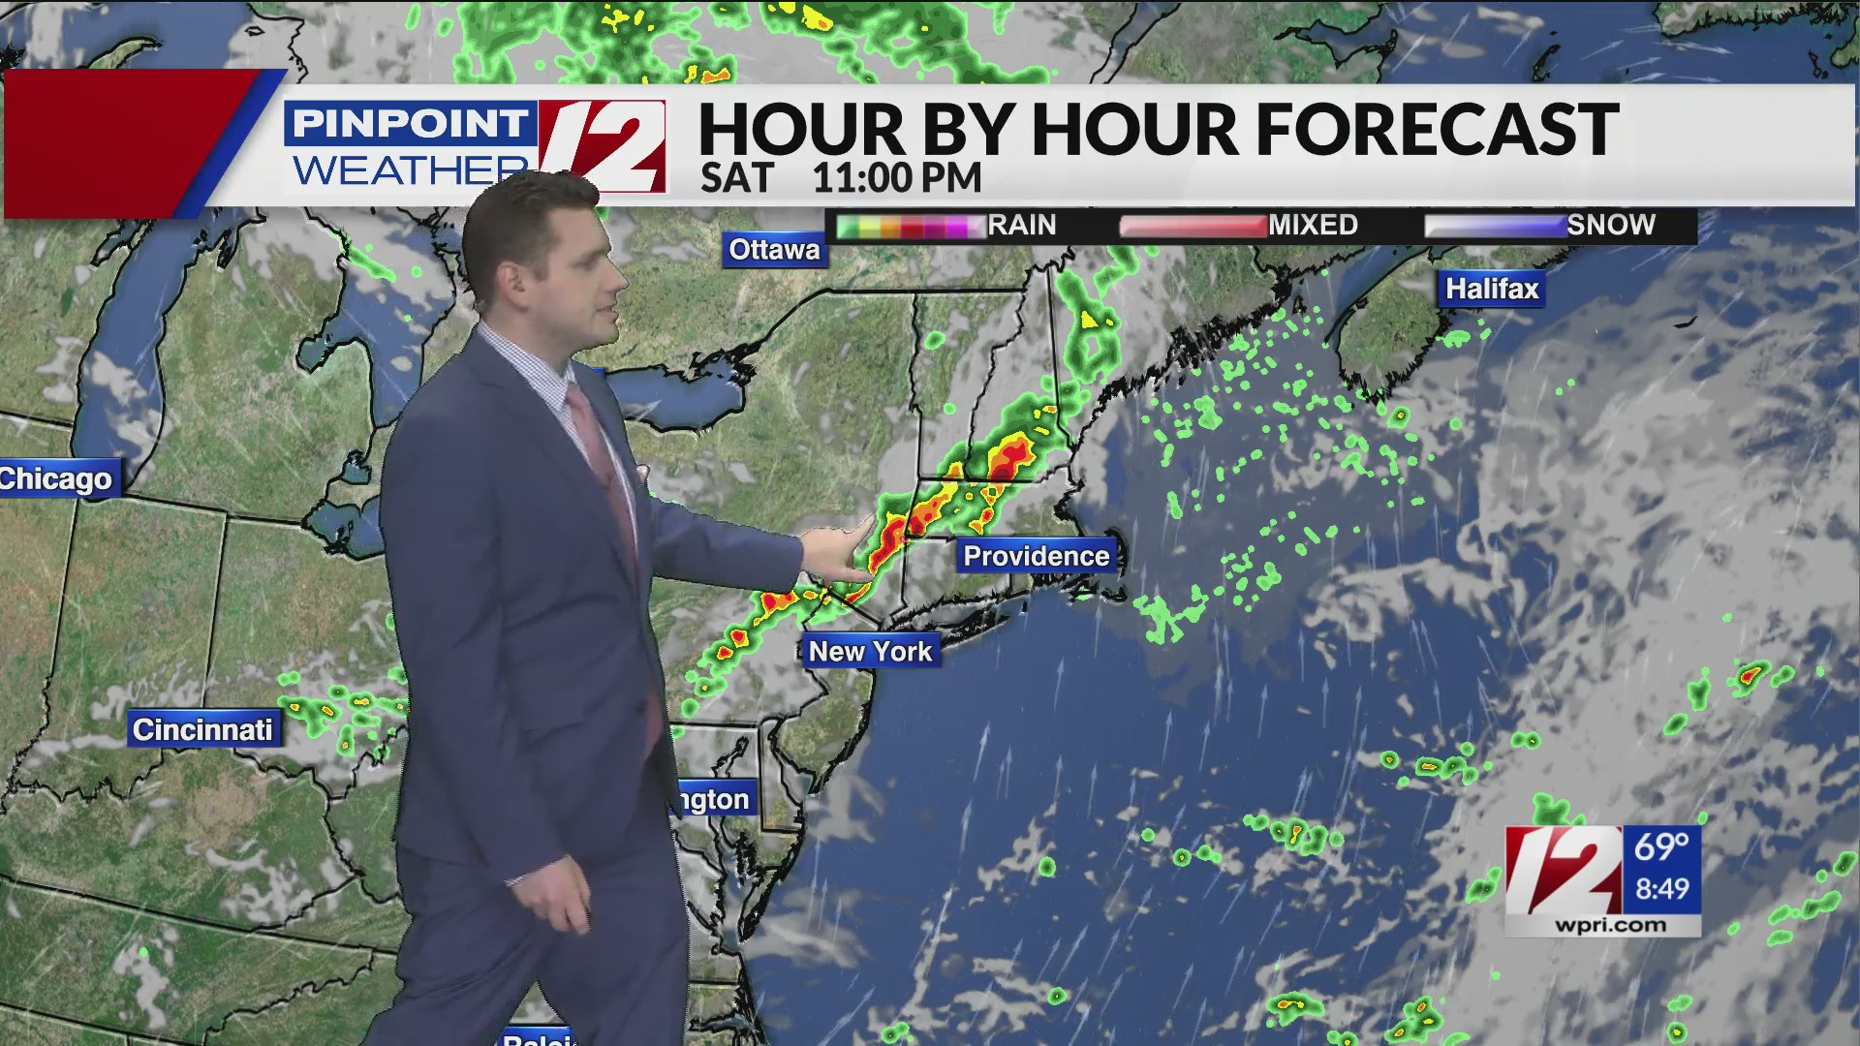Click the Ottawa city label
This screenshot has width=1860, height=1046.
coord(774,250)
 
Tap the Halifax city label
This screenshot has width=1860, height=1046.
coord(1492,289)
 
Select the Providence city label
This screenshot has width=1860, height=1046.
coord(1037,556)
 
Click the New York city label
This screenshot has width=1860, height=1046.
coord(870,652)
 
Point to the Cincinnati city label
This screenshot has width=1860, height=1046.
coord(203,729)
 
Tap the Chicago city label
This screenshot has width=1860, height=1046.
coord(56,478)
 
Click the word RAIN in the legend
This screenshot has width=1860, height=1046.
coord(1022,226)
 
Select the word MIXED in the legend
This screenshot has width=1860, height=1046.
coord(1314,226)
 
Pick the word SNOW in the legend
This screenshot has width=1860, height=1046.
coord(1611,226)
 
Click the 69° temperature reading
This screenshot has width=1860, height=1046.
coord(1661,847)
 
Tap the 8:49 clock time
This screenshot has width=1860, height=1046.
coord(1662,889)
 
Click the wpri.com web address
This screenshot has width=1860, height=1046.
coord(1611,926)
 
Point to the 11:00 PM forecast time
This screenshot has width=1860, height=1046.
coord(897,178)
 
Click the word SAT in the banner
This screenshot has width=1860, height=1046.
coord(737,178)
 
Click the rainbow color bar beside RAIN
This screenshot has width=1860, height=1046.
coord(911,227)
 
